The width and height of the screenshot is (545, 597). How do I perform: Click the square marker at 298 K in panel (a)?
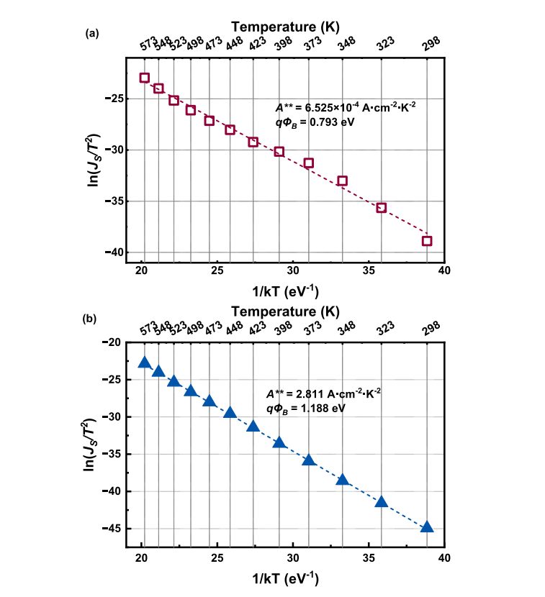(x=427, y=241)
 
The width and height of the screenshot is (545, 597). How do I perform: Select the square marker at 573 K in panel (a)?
(x=145, y=78)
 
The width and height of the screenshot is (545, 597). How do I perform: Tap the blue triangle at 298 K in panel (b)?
(x=427, y=527)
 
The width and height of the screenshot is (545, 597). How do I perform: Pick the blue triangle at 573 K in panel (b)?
(x=145, y=363)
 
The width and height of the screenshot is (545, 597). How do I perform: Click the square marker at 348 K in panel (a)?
(x=343, y=181)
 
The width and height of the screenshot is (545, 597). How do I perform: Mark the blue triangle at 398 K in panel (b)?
(x=279, y=442)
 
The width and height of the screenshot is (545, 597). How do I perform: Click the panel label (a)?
(x=91, y=33)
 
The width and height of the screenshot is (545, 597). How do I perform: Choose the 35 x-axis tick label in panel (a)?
(x=369, y=270)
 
